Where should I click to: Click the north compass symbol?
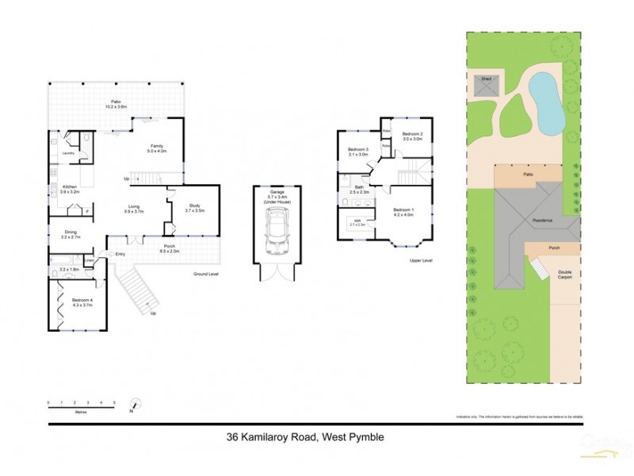pos(134,405)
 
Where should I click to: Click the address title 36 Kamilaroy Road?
pos(309,436)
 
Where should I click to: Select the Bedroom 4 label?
pos(82,301)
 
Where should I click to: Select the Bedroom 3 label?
pos(359,152)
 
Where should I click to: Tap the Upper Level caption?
pos(421,260)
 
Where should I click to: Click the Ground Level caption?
pos(205,274)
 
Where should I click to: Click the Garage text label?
pos(277,193)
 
